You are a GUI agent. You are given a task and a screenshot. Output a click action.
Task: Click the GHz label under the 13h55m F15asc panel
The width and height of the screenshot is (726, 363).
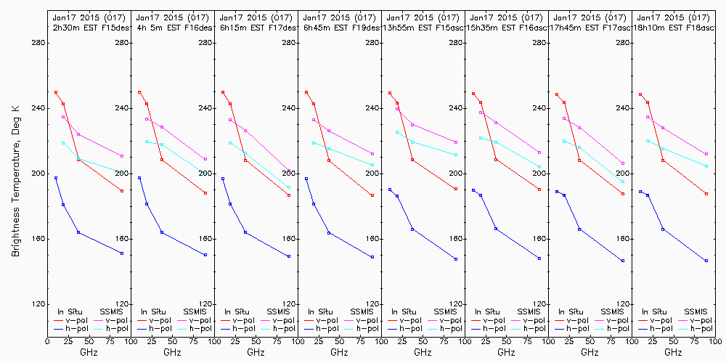[x=423, y=352]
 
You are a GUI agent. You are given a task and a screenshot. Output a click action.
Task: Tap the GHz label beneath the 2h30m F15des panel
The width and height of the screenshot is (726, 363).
[x=89, y=352]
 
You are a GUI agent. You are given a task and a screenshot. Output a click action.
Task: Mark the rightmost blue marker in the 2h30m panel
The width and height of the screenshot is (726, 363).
[x=122, y=253]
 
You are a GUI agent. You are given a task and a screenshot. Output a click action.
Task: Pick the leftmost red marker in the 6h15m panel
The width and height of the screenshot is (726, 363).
[x=223, y=92]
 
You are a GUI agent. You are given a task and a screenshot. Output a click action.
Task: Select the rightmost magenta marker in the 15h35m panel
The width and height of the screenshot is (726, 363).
[x=539, y=152]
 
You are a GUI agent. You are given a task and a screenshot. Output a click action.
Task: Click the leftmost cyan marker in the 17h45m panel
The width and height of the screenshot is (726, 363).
[x=564, y=141]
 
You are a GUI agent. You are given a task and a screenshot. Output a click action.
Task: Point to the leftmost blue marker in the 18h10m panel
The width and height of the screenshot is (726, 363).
[x=640, y=191]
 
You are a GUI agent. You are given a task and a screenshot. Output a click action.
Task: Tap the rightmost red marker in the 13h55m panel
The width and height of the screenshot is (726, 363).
[x=456, y=189]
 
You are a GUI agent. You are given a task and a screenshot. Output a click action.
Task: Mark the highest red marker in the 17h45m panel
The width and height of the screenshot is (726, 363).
[x=557, y=94]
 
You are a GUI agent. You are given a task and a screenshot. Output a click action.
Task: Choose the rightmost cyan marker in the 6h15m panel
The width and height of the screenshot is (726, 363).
[x=289, y=187]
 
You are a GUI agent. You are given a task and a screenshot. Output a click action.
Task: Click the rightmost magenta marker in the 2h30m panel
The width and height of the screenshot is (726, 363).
[x=122, y=156]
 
